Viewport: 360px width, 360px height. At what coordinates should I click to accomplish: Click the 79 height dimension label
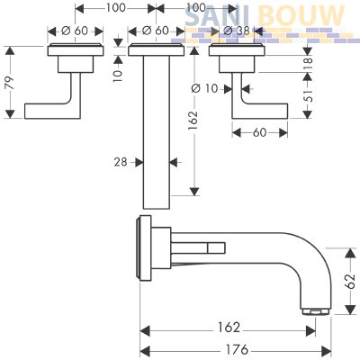point(11,83)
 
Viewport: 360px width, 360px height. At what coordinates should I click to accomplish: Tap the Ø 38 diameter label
point(237,31)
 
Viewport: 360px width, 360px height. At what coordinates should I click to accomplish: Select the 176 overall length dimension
point(237,349)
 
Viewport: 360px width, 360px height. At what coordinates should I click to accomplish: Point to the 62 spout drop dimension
point(350,281)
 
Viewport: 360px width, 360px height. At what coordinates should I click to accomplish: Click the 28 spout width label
point(121,162)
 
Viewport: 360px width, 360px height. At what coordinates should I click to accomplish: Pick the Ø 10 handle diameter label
point(204,88)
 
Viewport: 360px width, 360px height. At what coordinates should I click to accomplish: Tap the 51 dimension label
point(308,95)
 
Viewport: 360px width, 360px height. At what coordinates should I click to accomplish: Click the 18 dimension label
point(308,64)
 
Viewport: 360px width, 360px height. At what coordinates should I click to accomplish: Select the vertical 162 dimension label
point(193,121)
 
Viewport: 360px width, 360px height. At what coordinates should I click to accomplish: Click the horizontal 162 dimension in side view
point(229,328)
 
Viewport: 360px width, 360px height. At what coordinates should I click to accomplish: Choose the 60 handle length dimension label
point(259,132)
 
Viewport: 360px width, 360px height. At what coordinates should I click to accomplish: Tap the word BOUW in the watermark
point(301,15)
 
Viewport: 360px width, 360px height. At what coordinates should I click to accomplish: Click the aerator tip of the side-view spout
point(315,312)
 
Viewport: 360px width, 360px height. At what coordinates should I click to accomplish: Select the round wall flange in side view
point(144,248)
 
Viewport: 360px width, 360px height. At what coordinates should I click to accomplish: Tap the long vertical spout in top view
point(157,132)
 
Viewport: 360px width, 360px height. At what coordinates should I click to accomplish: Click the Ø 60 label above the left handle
point(75,31)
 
